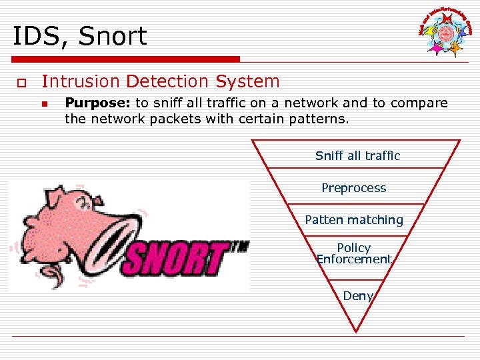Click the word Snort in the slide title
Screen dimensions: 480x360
point(113,36)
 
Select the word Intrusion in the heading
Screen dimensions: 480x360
point(81,82)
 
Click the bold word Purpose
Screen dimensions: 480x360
point(97,103)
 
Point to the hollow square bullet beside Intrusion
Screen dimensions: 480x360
point(21,83)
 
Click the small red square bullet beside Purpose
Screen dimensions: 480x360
point(45,104)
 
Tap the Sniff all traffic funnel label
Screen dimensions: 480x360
point(357,156)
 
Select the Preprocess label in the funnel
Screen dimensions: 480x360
point(354,188)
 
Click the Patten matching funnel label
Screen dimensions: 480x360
point(354,219)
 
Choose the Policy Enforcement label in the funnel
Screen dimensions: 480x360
point(354,253)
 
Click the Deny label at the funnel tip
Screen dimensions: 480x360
point(357,295)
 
